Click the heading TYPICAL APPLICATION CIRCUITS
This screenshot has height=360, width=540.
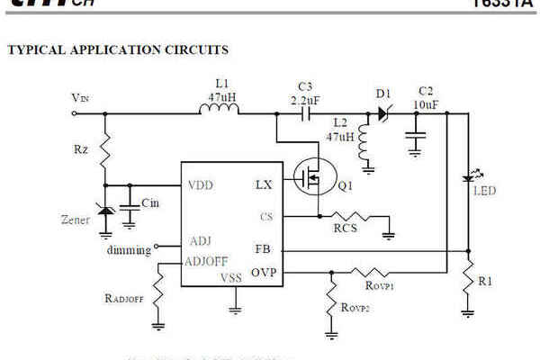(118, 49)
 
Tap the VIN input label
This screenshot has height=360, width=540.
(80, 97)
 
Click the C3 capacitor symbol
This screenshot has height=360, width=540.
(307, 115)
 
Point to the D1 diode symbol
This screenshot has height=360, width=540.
(382, 114)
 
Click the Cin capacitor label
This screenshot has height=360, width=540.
(150, 204)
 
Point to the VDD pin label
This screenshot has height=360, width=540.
(201, 186)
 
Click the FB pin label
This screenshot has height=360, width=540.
(262, 249)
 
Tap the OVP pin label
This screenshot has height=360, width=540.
(264, 271)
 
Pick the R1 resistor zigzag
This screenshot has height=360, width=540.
(467, 279)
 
